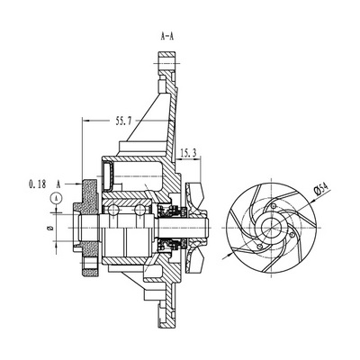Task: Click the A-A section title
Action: pyautogui.click(x=167, y=37)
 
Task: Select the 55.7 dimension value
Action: pyautogui.click(x=123, y=121)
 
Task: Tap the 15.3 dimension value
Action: pyautogui.click(x=188, y=153)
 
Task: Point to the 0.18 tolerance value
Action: pyautogui.click(x=38, y=184)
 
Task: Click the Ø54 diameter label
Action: pyautogui.click(x=320, y=189)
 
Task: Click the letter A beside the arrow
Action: pyautogui.click(x=58, y=184)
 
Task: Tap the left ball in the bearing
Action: pyautogui.click(x=113, y=210)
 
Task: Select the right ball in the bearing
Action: pyautogui.click(x=139, y=210)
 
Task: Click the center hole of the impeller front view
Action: pyautogui.click(x=271, y=228)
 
